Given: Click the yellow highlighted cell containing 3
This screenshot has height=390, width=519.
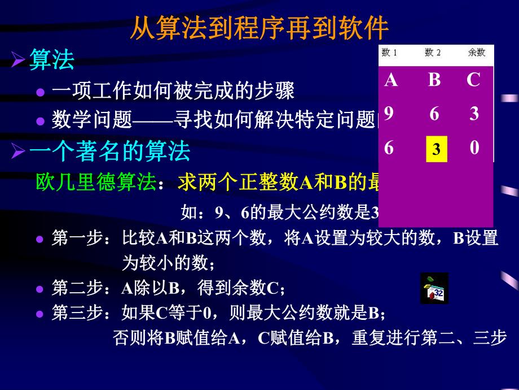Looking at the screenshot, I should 436,150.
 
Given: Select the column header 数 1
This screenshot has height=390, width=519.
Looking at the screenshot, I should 390,53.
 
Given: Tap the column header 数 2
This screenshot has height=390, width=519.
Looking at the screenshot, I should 433,53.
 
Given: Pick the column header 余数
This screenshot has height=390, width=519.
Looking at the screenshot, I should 476,53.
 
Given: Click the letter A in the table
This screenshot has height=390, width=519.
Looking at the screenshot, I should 391,80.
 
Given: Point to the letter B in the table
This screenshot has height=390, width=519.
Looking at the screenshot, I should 434,80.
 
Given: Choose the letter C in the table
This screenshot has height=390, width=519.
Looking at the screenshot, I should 473,80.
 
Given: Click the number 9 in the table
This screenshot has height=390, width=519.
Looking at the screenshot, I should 389,114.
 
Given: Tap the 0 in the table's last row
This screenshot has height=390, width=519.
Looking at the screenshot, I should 474,148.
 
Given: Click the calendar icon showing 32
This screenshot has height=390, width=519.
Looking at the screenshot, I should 434,289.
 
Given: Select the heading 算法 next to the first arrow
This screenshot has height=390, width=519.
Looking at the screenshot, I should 52,60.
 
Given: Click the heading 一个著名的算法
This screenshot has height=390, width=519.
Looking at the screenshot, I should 109,151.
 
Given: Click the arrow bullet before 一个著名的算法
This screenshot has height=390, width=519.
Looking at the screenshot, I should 19,151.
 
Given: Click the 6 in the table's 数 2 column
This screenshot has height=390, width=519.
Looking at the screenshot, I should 434,114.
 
